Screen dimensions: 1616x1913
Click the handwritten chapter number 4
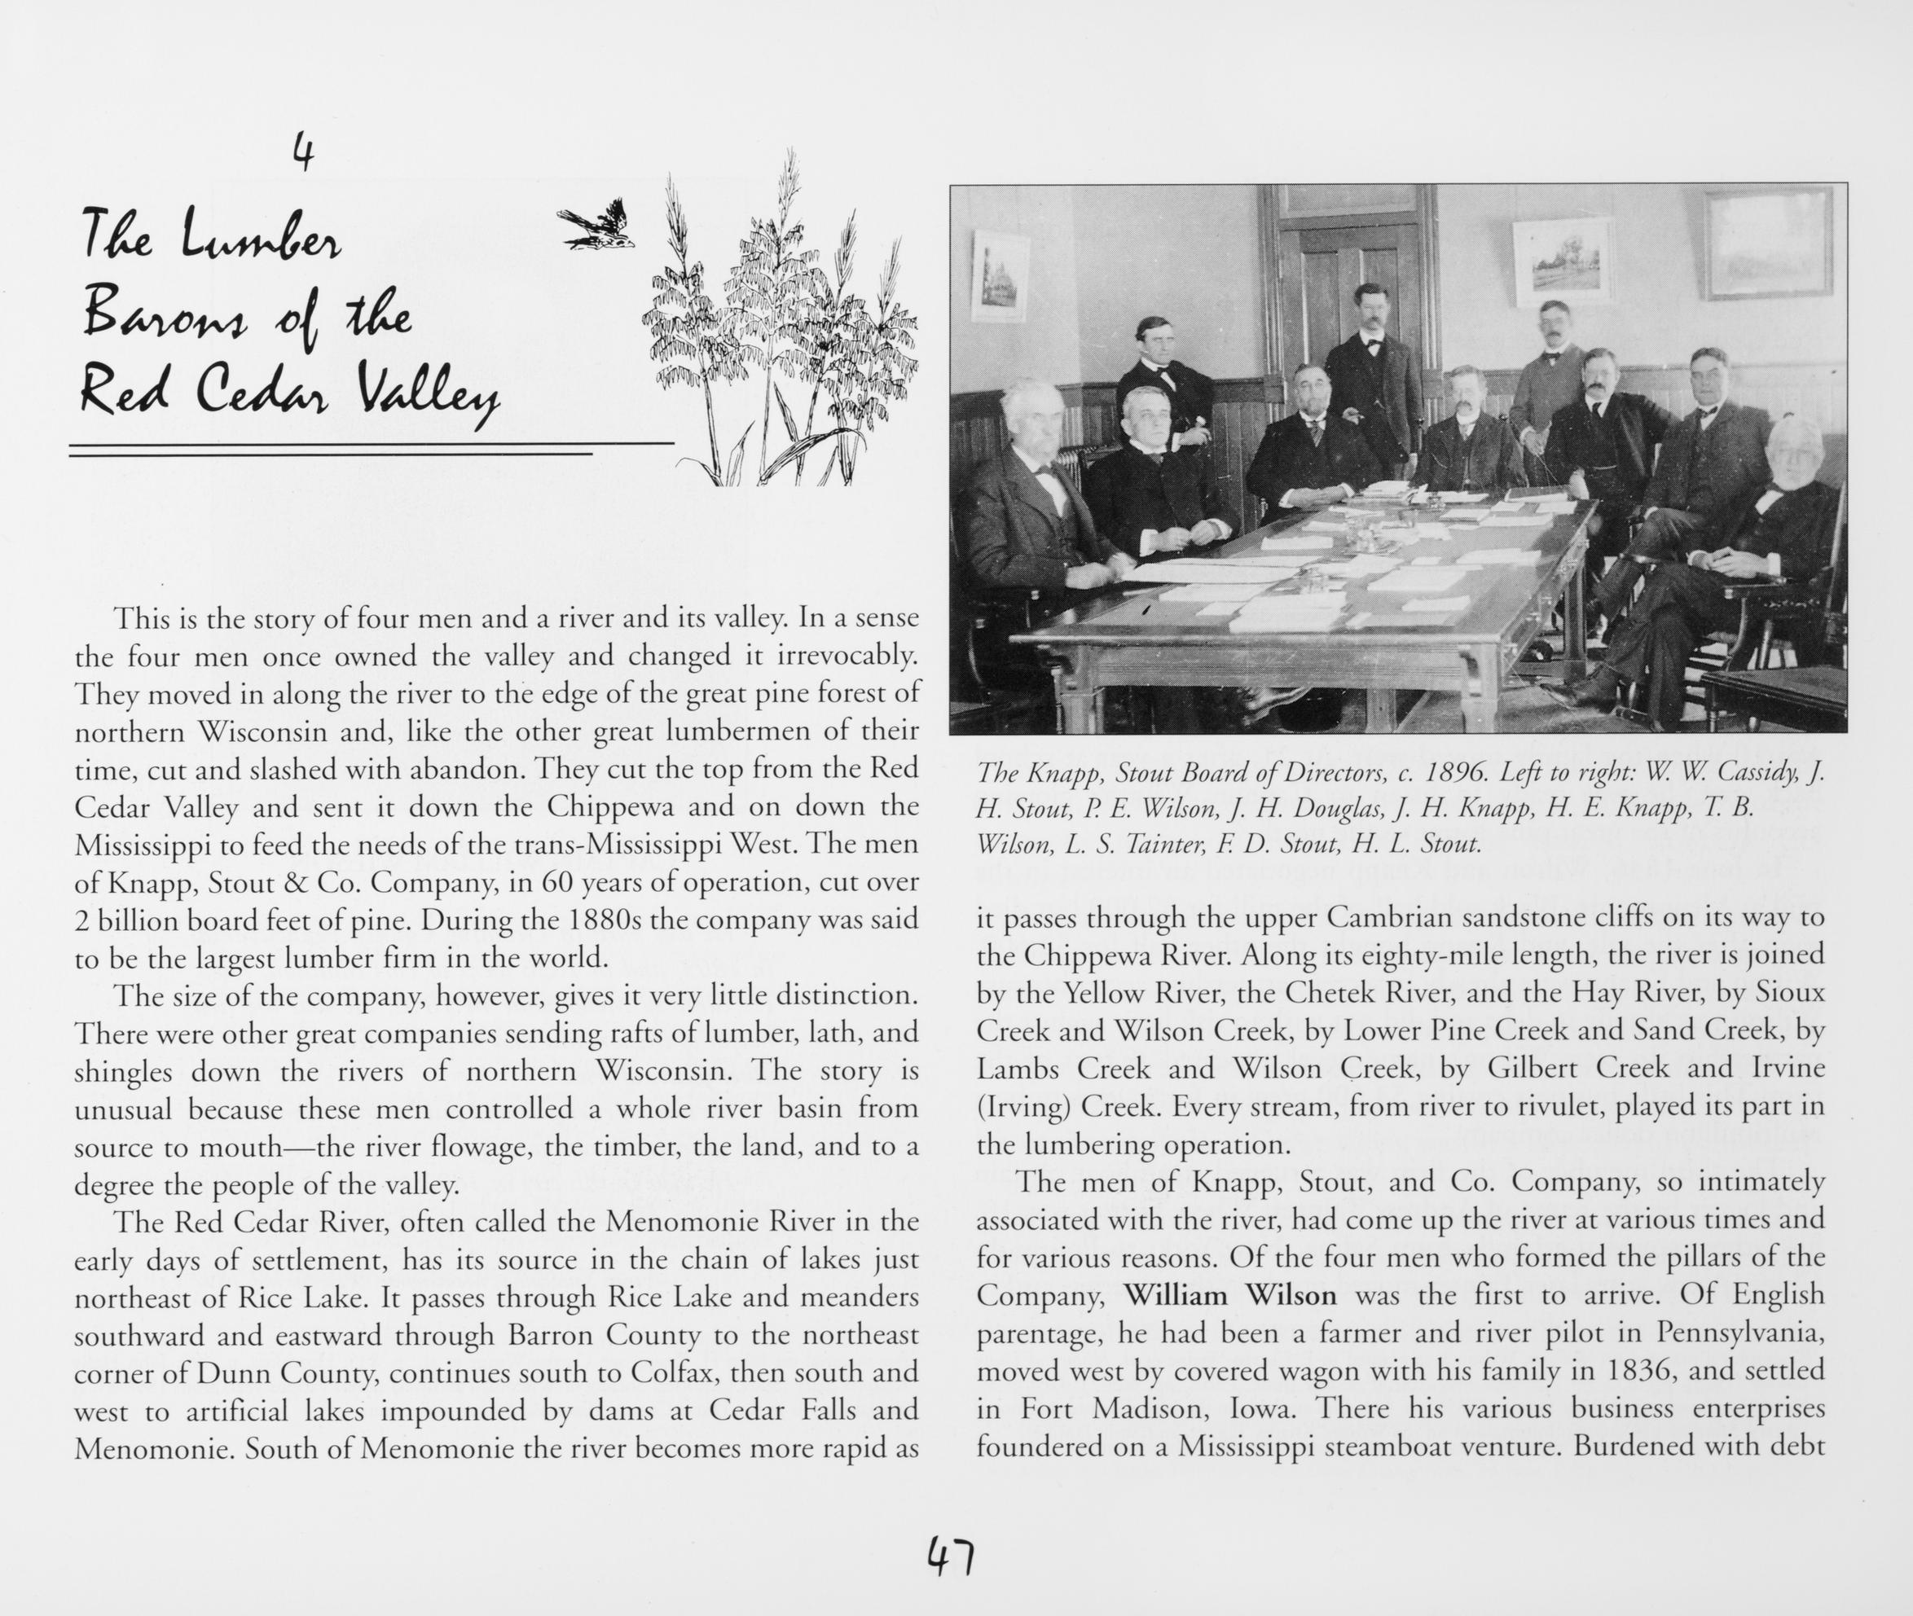303,152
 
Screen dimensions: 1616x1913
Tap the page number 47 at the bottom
950,1556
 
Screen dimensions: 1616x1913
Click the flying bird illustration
596,226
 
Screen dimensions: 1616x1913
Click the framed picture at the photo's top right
1768,243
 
